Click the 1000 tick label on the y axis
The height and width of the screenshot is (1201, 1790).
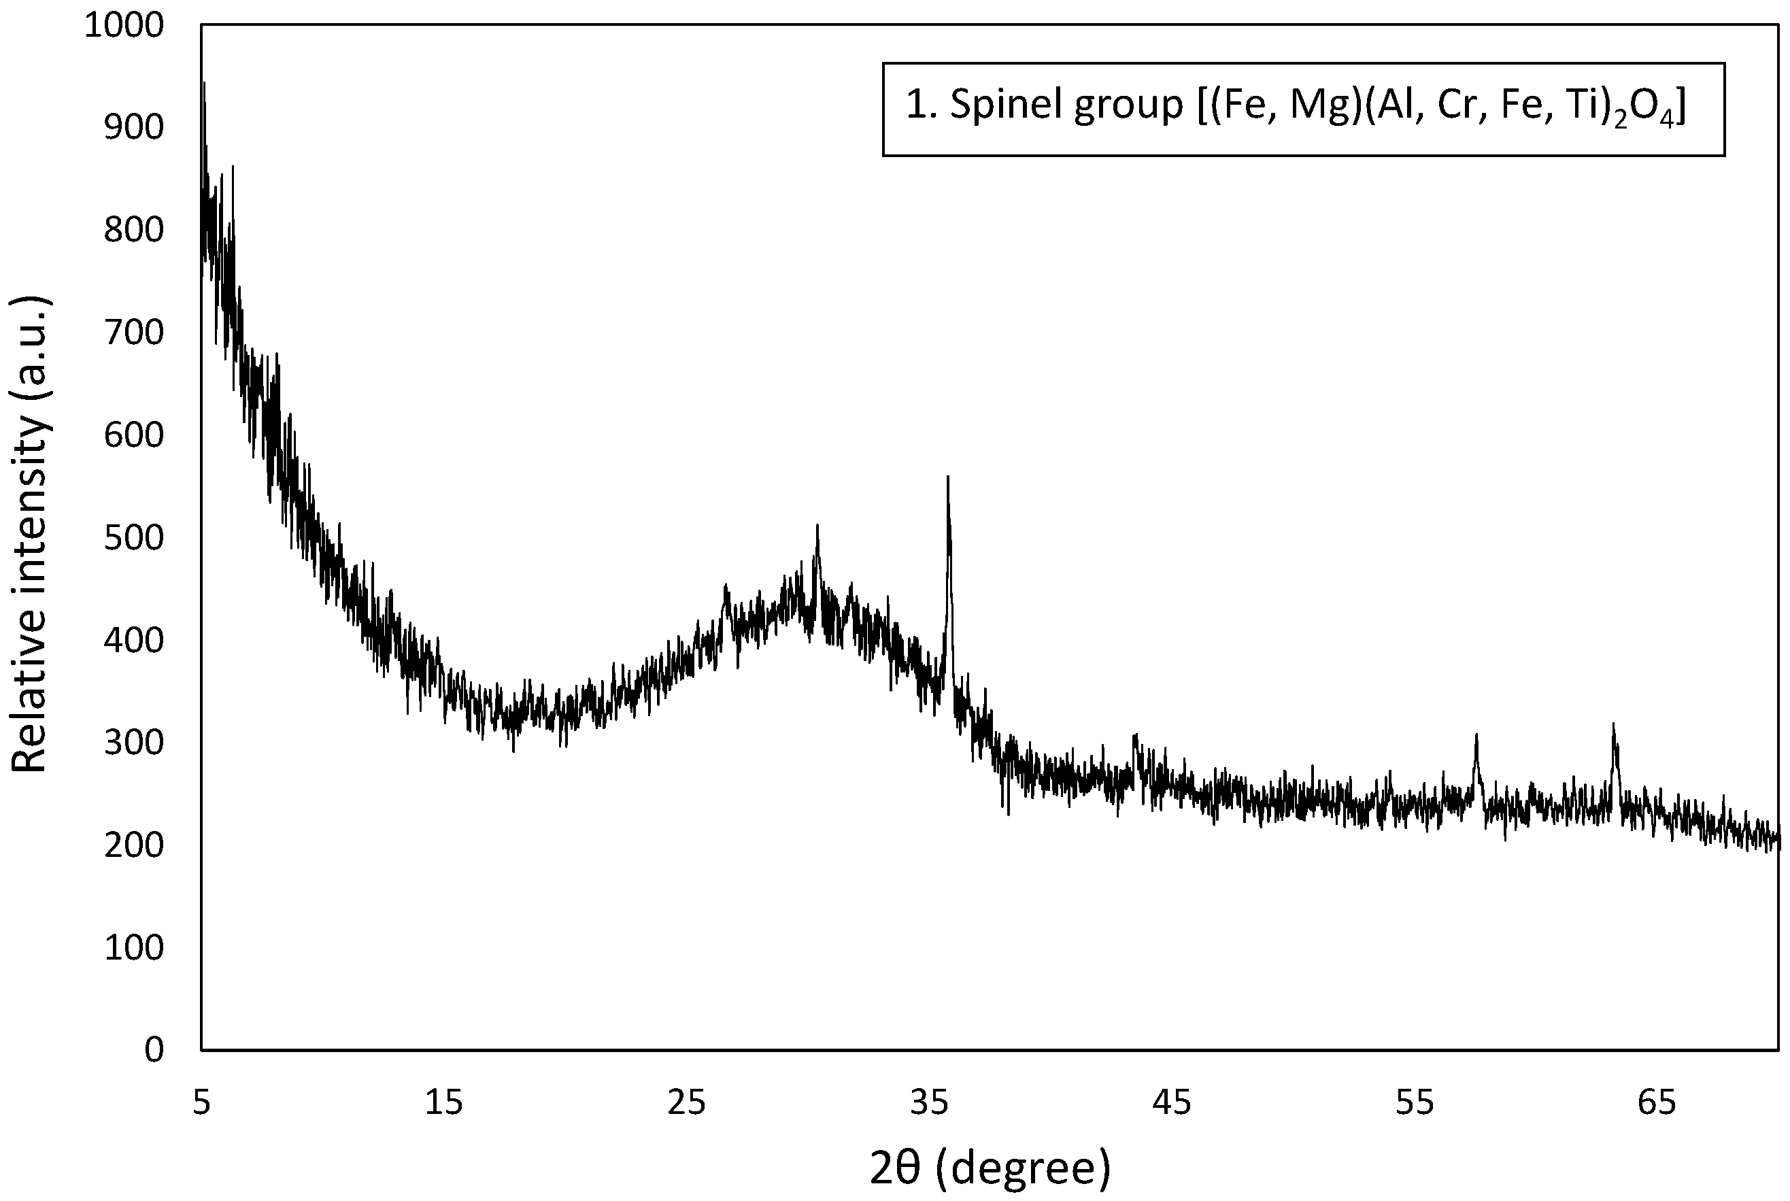[123, 25]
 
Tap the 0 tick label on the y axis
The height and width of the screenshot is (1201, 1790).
[153, 1049]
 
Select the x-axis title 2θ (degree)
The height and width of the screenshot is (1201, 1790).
[989, 1167]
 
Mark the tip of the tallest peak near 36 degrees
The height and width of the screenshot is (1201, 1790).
[947, 478]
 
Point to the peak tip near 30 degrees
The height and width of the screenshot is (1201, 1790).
[817, 526]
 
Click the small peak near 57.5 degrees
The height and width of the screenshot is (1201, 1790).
[1475, 734]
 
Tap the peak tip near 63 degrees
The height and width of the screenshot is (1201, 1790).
[1613, 724]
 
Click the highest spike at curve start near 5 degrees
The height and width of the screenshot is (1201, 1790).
[204, 83]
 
